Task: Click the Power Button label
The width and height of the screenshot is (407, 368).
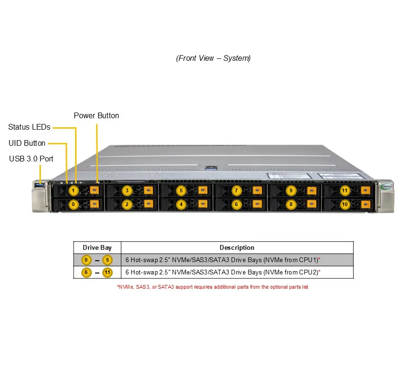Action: pos(97,115)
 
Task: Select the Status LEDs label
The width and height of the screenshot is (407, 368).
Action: pos(29,127)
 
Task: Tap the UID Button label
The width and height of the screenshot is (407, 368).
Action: pos(27,143)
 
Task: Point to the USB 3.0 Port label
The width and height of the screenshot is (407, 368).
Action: pos(31,159)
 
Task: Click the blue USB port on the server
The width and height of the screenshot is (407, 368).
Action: pos(40,185)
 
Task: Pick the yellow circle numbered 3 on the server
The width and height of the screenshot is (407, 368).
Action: pos(127,191)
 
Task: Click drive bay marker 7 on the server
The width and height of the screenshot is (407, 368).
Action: pos(236,191)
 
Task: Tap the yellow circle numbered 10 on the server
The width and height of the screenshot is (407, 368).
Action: pos(345,205)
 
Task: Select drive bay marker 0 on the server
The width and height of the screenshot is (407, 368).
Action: pos(73,205)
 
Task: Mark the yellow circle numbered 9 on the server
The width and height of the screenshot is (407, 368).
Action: pos(291,191)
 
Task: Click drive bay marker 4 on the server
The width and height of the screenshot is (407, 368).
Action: pos(181,205)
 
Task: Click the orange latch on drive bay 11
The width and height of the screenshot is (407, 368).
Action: pos(366,190)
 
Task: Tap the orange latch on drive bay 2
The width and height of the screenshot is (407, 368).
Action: pos(148,204)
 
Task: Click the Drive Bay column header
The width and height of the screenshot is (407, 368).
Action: pos(97,248)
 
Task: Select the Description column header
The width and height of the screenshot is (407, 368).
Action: pos(237,248)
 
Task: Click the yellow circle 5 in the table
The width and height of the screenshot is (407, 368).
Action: pos(107,260)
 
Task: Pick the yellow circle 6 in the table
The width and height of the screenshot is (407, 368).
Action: pos(86,273)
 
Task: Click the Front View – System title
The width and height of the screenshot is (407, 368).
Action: pos(213,58)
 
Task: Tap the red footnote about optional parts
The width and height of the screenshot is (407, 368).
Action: pos(213,287)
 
